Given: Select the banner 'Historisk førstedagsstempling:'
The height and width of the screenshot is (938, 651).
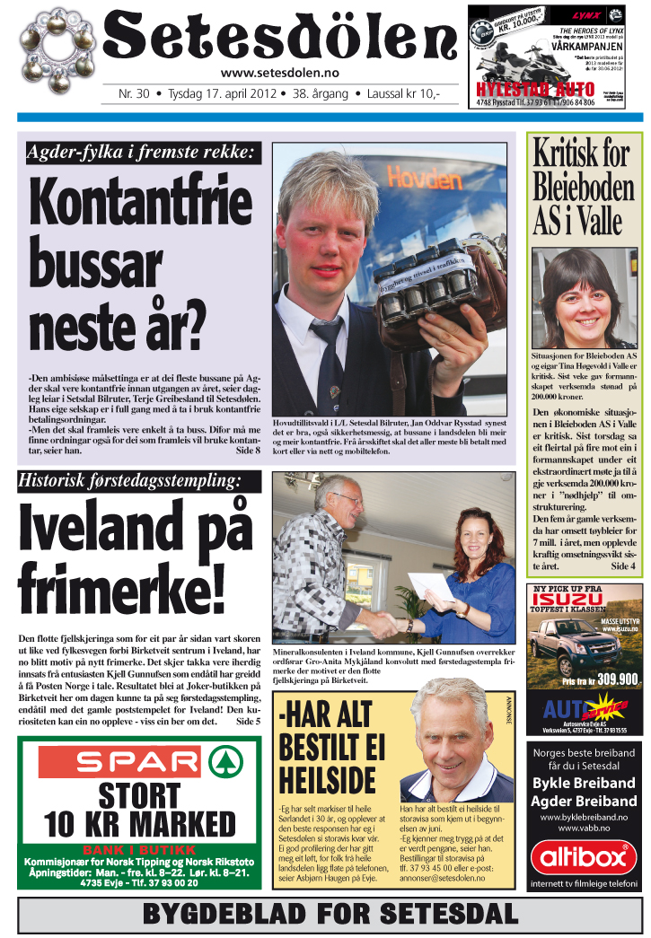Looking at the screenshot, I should (131, 481).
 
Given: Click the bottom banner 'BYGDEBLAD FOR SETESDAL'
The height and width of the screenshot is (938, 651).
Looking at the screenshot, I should (330, 915).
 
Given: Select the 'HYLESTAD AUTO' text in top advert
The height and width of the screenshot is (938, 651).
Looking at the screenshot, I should (536, 90).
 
